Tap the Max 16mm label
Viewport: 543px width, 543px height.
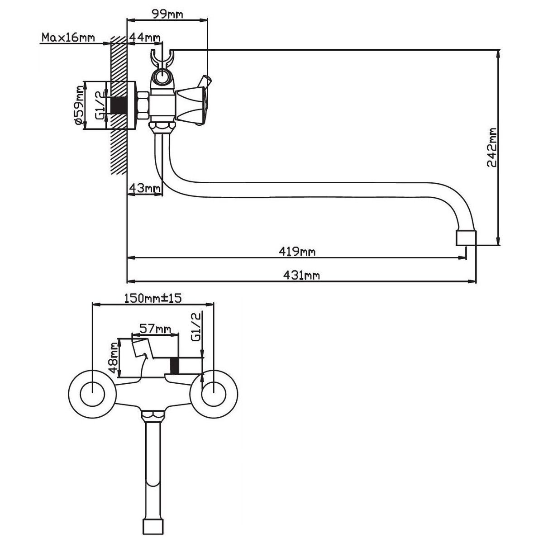pos(68,37)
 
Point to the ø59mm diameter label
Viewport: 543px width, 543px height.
pos(80,108)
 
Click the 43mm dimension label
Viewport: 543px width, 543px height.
pos(144,187)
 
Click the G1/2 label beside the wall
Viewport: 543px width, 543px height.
pos(100,104)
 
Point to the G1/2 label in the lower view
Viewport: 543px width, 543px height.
pos(195,329)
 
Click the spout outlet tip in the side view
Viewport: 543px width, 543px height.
pos(465,238)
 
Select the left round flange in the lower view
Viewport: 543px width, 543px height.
pos(92,392)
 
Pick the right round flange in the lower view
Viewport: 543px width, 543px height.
pos(212,392)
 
